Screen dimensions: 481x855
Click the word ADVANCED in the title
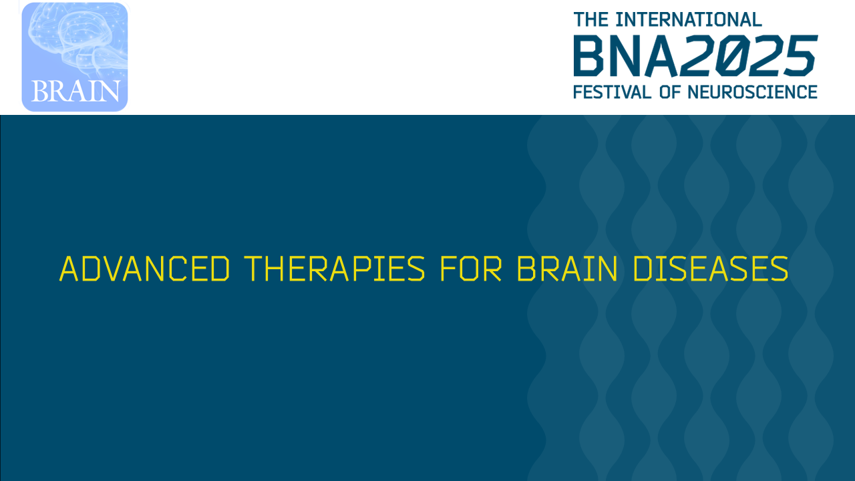click(x=145, y=269)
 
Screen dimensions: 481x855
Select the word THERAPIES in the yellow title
click(x=334, y=269)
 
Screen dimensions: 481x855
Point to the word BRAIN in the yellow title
click(x=567, y=269)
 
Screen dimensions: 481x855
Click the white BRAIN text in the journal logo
click(x=75, y=91)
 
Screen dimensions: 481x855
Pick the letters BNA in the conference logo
click(x=629, y=56)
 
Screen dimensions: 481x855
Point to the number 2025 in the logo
click(x=751, y=56)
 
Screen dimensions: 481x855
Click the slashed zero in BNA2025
click(x=735, y=56)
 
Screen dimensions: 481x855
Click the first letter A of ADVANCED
click(x=69, y=269)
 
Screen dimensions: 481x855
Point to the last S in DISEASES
click(x=779, y=269)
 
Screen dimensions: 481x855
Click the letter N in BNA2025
click(x=629, y=56)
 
